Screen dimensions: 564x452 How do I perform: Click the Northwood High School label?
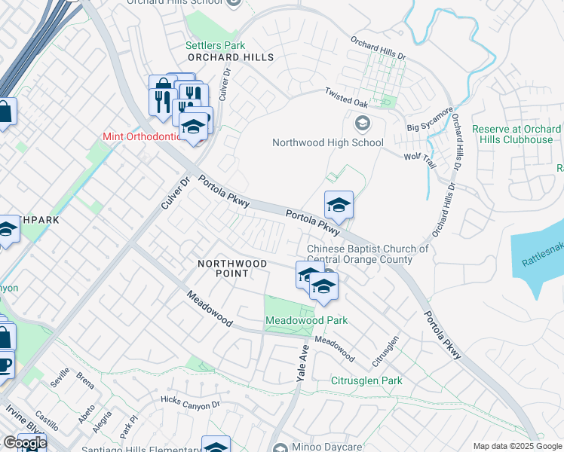(x=328, y=142)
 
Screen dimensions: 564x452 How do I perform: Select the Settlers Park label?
(x=215, y=45)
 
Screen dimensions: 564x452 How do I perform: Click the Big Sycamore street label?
(x=430, y=119)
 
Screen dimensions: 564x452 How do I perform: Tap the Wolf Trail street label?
(x=421, y=158)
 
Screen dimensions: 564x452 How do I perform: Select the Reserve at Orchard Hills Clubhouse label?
(x=516, y=134)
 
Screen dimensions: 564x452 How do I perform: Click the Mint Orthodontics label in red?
(x=143, y=137)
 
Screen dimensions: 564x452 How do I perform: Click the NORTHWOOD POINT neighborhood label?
(x=232, y=268)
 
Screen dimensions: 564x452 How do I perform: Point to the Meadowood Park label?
(x=306, y=320)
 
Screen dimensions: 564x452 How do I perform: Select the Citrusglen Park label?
(x=366, y=380)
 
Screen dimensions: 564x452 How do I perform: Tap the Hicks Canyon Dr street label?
(x=190, y=400)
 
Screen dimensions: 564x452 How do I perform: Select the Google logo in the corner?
(x=25, y=442)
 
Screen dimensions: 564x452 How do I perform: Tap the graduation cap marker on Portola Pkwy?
(x=339, y=205)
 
